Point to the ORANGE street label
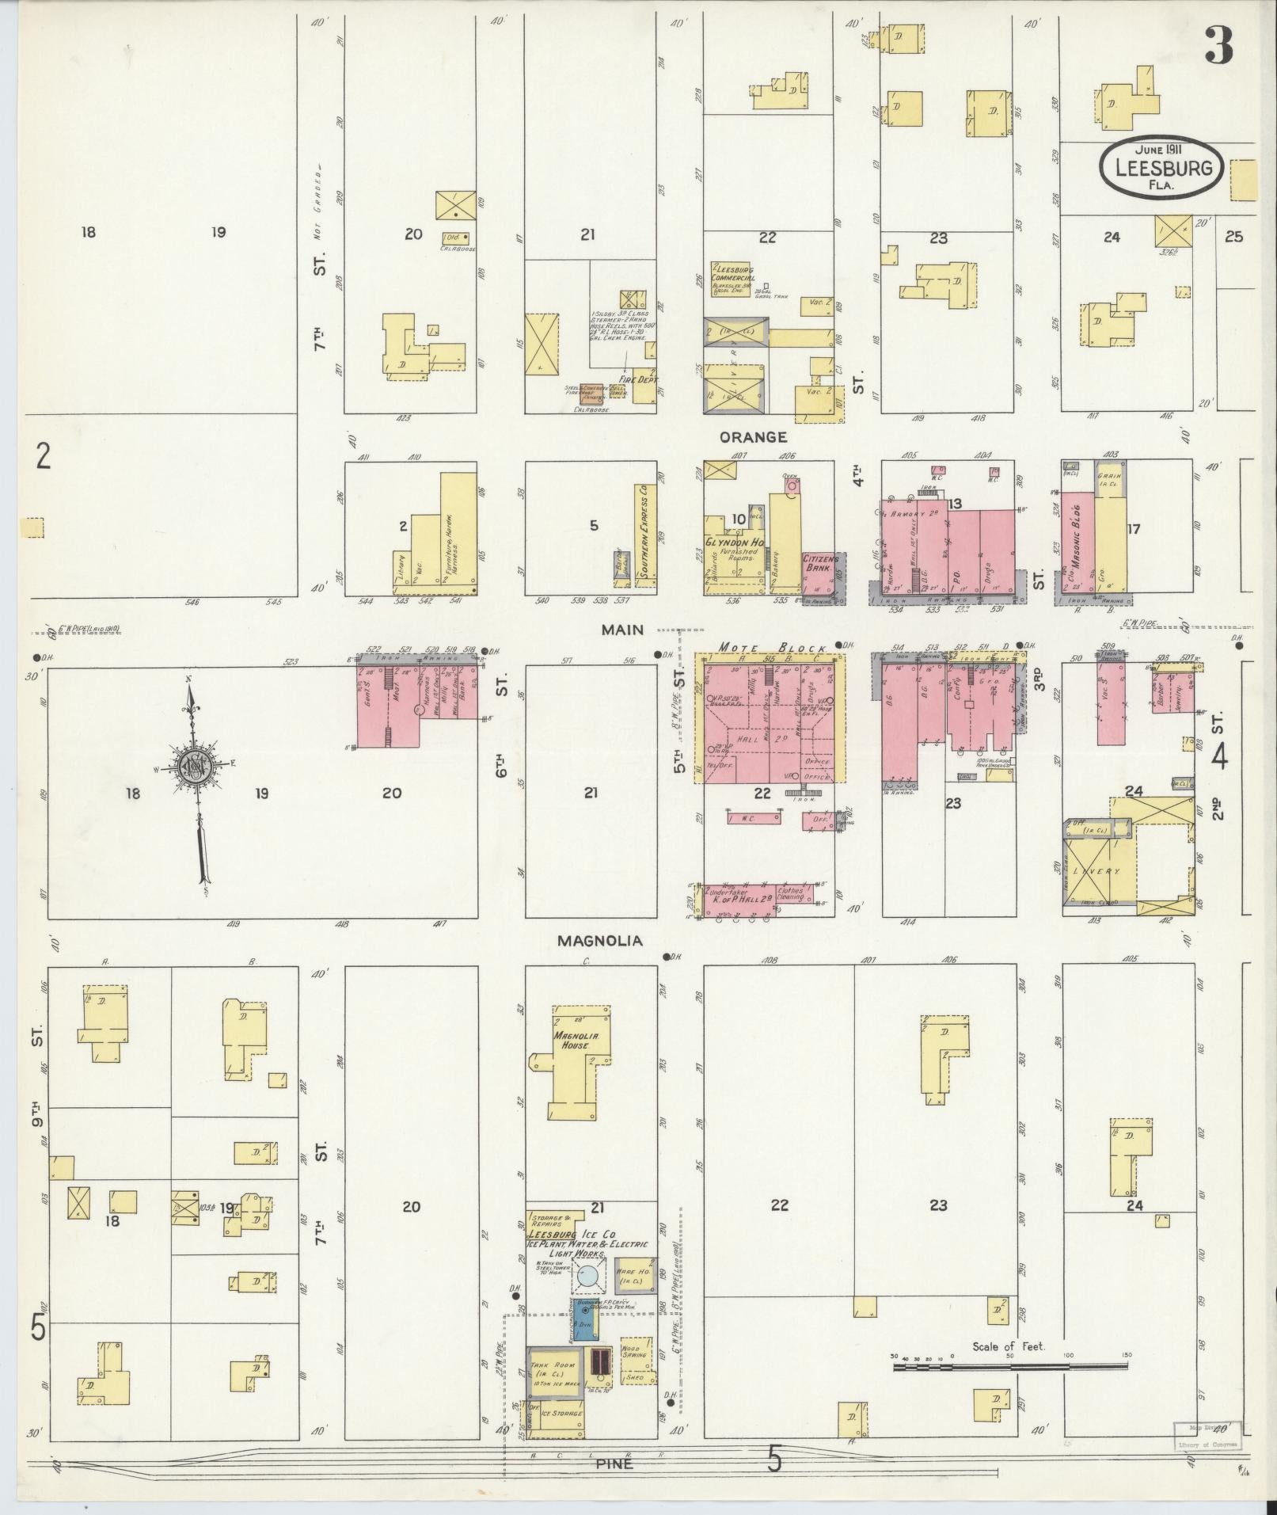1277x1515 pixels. [x=753, y=437]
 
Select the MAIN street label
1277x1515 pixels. [x=622, y=630]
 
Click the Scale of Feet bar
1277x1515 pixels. [x=1009, y=1366]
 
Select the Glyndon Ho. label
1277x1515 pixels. [x=734, y=542]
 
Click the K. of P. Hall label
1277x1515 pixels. [x=734, y=898]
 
